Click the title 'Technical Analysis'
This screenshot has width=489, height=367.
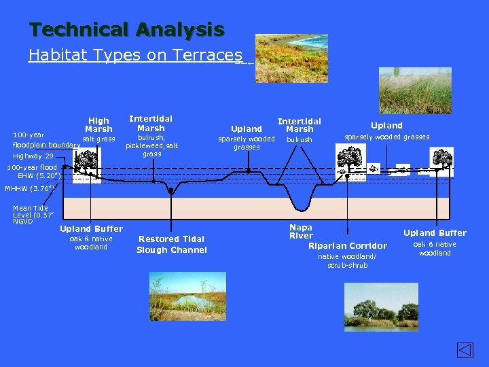pyautogui.click(x=126, y=30)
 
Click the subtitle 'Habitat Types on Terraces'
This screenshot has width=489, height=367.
pyautogui.click(x=135, y=55)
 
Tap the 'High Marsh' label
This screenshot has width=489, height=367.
pyautogui.click(x=98, y=124)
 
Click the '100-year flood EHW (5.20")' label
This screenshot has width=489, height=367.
pyautogui.click(x=33, y=171)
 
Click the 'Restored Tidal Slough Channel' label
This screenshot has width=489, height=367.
pyautogui.click(x=171, y=244)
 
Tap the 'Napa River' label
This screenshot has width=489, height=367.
pyautogui.click(x=301, y=231)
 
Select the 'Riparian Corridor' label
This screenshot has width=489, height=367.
pyautogui.click(x=348, y=245)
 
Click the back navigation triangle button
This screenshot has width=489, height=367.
pyautogui.click(x=464, y=351)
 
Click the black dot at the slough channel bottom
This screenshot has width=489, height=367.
pyautogui.click(x=171, y=191)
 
